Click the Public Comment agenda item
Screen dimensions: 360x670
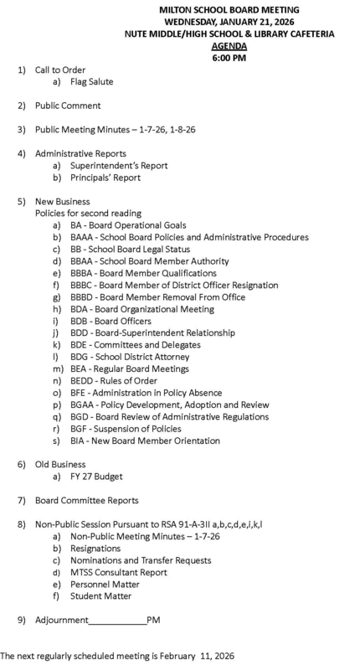point(67,106)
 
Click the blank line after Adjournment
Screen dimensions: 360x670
point(116,621)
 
